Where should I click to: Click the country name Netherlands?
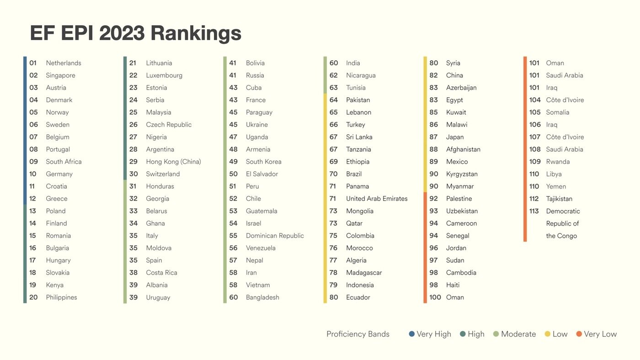(64, 63)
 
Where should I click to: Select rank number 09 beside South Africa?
(33, 162)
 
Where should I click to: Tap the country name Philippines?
(61, 297)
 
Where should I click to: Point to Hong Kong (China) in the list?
(173, 162)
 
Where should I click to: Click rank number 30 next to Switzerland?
(133, 174)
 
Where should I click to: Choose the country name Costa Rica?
(161, 273)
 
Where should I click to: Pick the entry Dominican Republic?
(275, 236)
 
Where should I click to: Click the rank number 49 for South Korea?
(234, 162)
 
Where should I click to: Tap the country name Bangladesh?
(262, 297)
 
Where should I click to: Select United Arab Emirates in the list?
(377, 199)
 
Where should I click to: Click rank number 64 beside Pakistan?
(334, 100)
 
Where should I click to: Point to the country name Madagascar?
(364, 273)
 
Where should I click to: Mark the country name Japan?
(455, 137)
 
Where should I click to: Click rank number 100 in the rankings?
(435, 297)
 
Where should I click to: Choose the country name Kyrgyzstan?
(462, 174)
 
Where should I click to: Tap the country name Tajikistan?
(559, 199)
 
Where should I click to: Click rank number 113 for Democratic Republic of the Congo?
(534, 211)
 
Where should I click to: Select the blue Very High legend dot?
(412, 334)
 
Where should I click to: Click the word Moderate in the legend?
(518, 334)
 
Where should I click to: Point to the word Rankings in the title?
(196, 33)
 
